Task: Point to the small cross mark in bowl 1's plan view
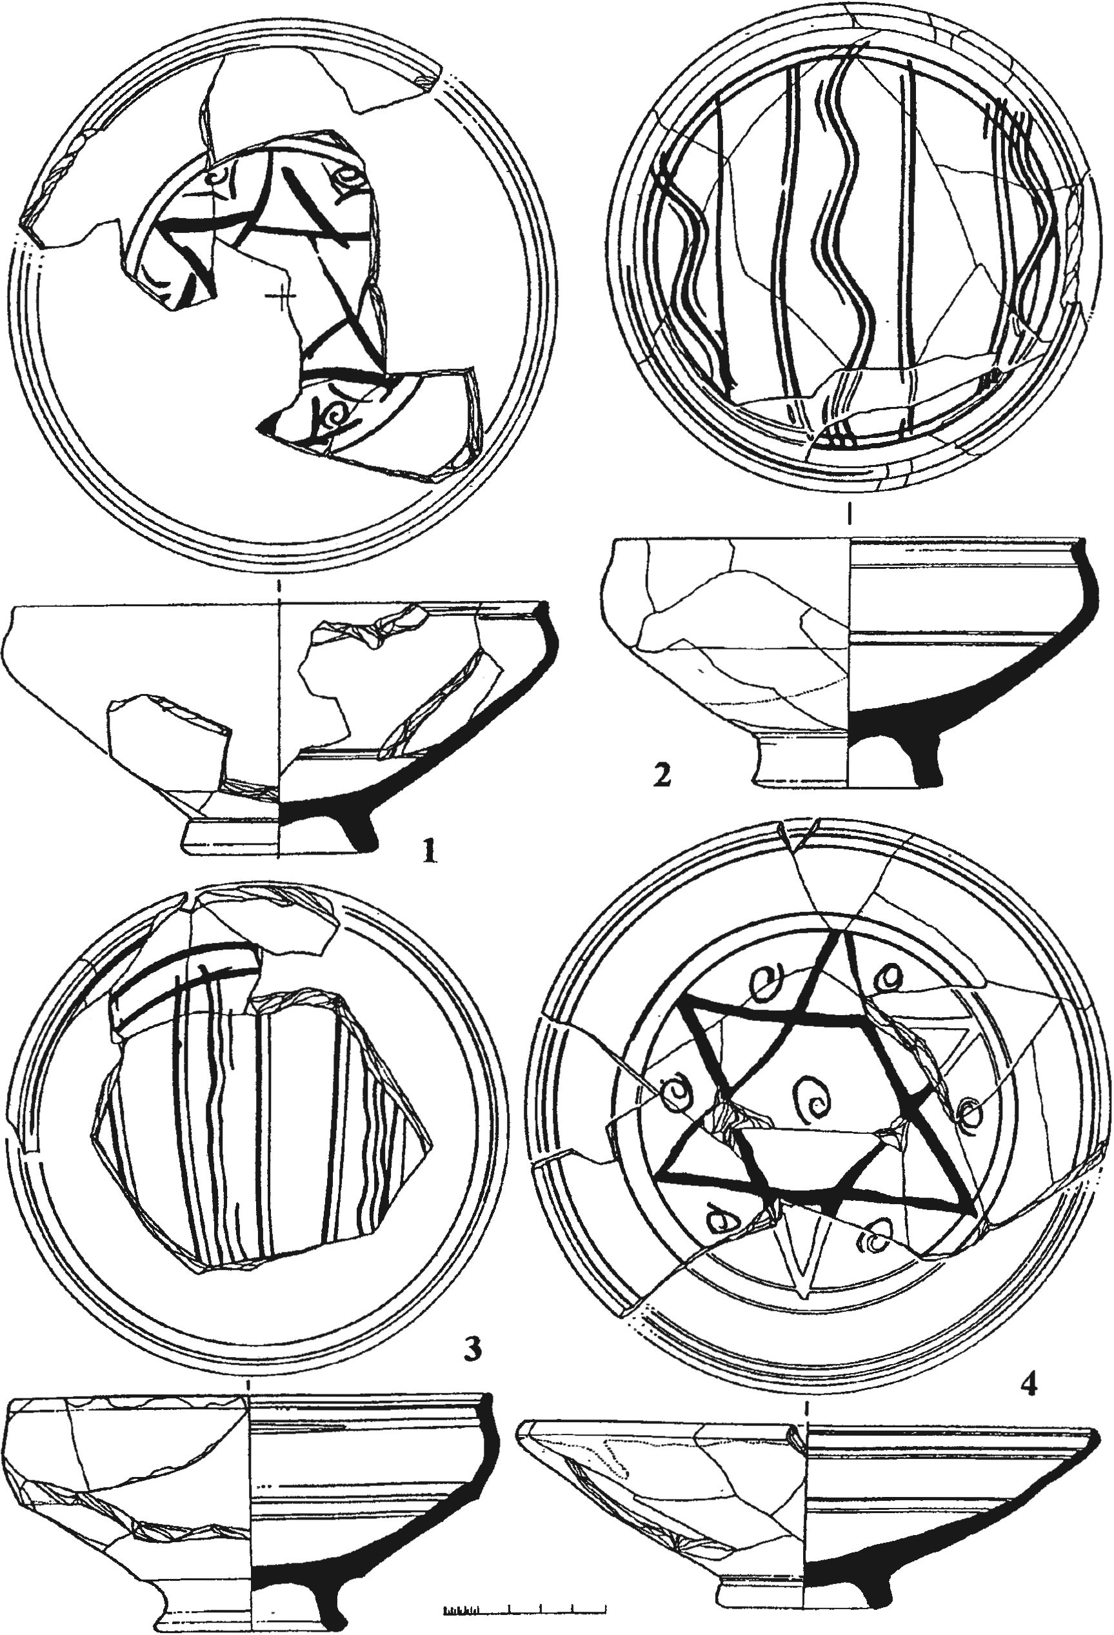click(x=281, y=297)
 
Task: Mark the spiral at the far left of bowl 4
click(x=677, y=1092)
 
